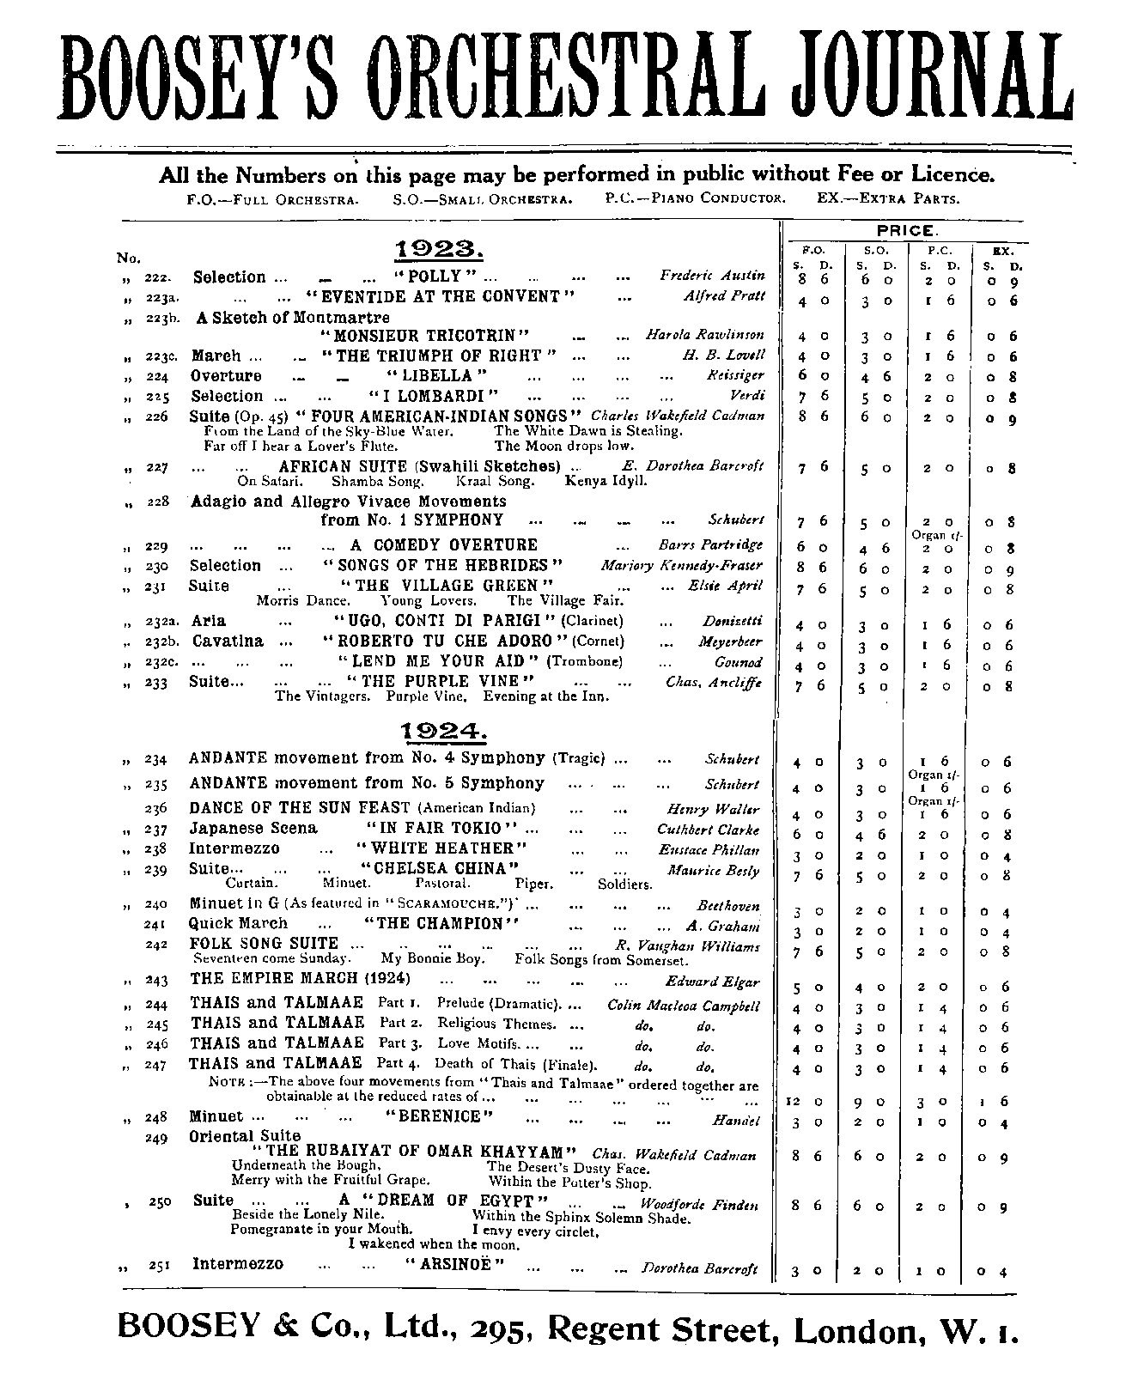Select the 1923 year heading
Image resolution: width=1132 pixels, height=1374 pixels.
(440, 250)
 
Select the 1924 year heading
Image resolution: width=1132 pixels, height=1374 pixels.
(444, 731)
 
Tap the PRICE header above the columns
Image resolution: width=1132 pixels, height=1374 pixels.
(907, 231)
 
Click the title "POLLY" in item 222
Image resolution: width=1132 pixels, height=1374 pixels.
(435, 277)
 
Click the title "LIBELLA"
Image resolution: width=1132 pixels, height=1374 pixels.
(437, 376)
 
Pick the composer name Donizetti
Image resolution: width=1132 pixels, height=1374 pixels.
(733, 621)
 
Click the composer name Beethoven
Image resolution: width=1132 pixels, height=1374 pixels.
(728, 906)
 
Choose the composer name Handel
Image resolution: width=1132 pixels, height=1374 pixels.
(736, 1122)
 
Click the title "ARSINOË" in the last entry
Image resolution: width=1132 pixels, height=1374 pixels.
(453, 1264)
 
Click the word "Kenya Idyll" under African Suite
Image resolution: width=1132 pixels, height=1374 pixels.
(606, 481)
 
